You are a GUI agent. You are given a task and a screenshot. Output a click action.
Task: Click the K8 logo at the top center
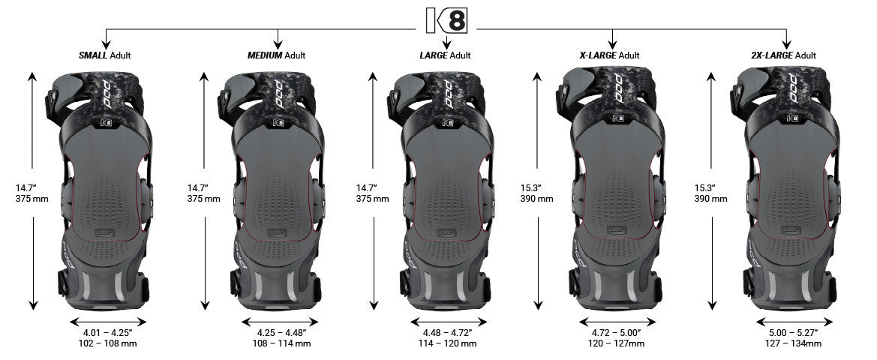[x=446, y=20]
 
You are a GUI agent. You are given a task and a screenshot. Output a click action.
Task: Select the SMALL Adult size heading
[x=107, y=55]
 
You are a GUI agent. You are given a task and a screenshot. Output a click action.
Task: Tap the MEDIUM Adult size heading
[x=277, y=55]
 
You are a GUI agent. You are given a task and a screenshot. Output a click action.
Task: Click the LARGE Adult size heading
[x=445, y=55]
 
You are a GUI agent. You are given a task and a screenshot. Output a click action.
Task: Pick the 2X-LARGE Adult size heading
[x=785, y=55]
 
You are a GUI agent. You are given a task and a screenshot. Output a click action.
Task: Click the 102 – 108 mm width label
[x=107, y=343]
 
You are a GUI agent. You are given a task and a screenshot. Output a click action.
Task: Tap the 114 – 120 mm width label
[x=446, y=343]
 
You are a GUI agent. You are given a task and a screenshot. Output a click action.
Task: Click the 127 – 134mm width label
[x=785, y=343]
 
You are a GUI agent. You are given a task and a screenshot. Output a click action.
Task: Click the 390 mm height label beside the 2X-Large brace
[x=711, y=199]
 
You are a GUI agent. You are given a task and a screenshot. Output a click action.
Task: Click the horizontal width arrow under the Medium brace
[x=278, y=321]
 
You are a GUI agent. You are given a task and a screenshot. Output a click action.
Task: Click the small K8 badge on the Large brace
[x=448, y=120]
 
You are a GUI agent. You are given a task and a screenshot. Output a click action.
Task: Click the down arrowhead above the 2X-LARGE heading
[x=785, y=44]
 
